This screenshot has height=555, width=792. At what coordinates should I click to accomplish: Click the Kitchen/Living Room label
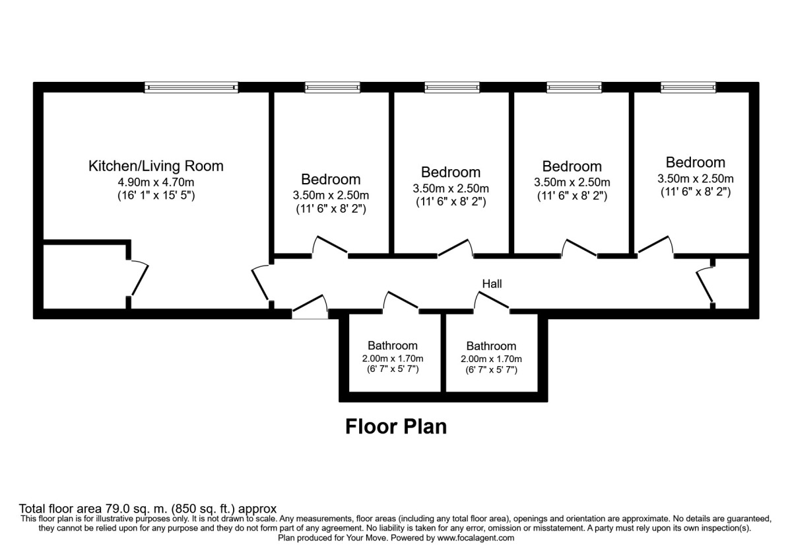pyautogui.click(x=156, y=166)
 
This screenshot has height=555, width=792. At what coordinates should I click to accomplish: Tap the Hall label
pyautogui.click(x=492, y=284)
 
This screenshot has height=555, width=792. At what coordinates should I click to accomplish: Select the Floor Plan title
pyautogui.click(x=396, y=427)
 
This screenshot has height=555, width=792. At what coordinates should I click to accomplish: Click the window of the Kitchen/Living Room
pyautogui.click(x=191, y=87)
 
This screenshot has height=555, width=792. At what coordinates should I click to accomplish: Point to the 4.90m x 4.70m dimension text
pyautogui.click(x=156, y=182)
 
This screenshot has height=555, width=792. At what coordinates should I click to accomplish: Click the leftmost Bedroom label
pyautogui.click(x=331, y=179)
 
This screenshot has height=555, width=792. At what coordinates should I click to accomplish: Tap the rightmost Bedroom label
pyautogui.click(x=695, y=163)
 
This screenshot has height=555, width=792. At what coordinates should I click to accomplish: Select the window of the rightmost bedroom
pyautogui.click(x=688, y=87)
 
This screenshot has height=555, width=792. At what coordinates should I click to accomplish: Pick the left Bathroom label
pyautogui.click(x=392, y=346)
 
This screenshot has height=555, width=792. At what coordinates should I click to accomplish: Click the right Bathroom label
pyautogui.click(x=491, y=346)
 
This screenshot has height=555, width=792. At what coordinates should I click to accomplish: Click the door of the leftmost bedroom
pyautogui.click(x=330, y=245)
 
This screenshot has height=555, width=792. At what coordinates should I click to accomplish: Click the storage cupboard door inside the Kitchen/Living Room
pyautogui.click(x=139, y=279)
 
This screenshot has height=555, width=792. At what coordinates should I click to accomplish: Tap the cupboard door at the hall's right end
pyautogui.click(x=705, y=284)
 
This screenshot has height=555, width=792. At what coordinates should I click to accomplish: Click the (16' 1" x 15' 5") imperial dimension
pyautogui.click(x=156, y=196)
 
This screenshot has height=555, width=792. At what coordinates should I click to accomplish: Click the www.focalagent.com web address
pyautogui.click(x=475, y=538)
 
